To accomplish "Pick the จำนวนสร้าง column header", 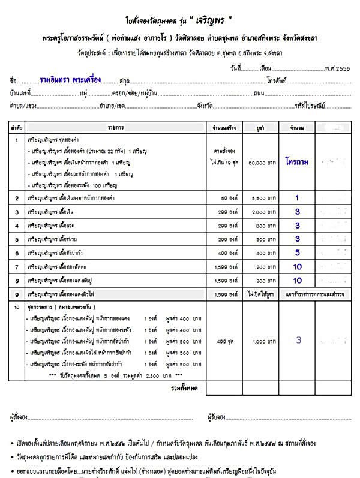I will click(224, 128).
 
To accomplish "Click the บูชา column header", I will click(259, 128).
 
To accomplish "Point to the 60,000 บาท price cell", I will click(259, 163).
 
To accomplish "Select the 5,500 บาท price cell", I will click(259, 197).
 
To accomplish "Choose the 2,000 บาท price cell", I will click(259, 212).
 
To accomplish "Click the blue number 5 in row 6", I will click(297, 253).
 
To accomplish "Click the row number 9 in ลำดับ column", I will click(17, 294).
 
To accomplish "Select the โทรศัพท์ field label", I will click(280, 80).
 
